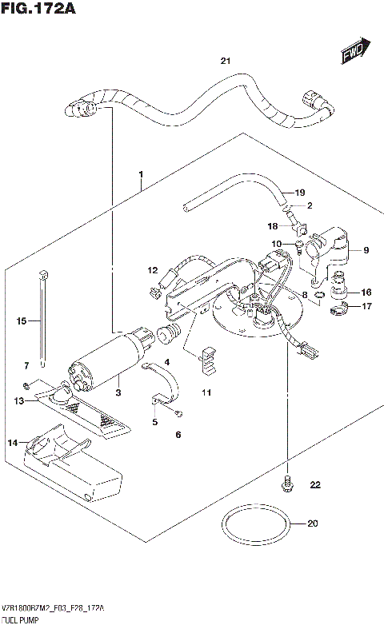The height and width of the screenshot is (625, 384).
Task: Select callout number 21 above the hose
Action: pos(225,62)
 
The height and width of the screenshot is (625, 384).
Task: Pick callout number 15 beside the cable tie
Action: pos(22,320)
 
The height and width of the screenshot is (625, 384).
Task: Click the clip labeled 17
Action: pos(339,308)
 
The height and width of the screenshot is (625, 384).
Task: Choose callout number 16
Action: pos(366,292)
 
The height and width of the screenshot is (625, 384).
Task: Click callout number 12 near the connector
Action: pos(152,271)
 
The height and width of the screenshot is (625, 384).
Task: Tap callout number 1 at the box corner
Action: pos(140,174)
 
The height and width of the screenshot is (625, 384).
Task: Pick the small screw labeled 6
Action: pos(179,412)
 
